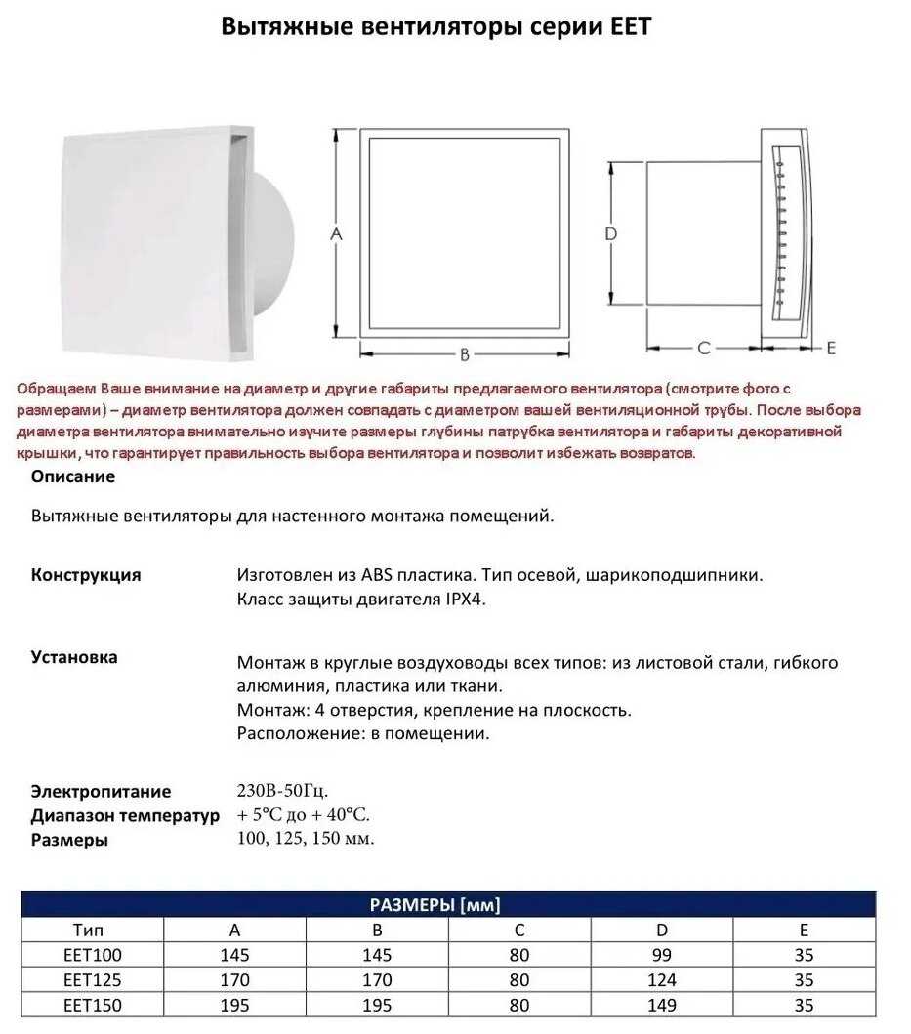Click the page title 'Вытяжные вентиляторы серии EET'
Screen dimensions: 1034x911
coord(435,26)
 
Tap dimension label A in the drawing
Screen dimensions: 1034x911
coord(337,234)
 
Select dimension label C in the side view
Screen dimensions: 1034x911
coord(703,348)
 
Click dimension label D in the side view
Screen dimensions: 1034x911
coord(610,234)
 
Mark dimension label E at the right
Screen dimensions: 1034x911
coord(831,348)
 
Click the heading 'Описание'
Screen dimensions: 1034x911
coord(73,476)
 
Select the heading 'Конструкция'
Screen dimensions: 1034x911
coord(86,574)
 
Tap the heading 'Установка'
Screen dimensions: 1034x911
coord(74,657)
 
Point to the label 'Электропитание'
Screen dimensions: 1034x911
coord(101,791)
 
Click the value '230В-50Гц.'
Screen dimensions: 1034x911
coord(289,790)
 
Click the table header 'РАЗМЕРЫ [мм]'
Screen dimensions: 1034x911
coord(448,905)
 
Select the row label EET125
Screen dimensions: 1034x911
coord(93,979)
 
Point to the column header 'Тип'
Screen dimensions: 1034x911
coord(93,930)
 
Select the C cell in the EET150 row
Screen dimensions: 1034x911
coord(518,1005)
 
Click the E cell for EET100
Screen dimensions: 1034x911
coord(804,955)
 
